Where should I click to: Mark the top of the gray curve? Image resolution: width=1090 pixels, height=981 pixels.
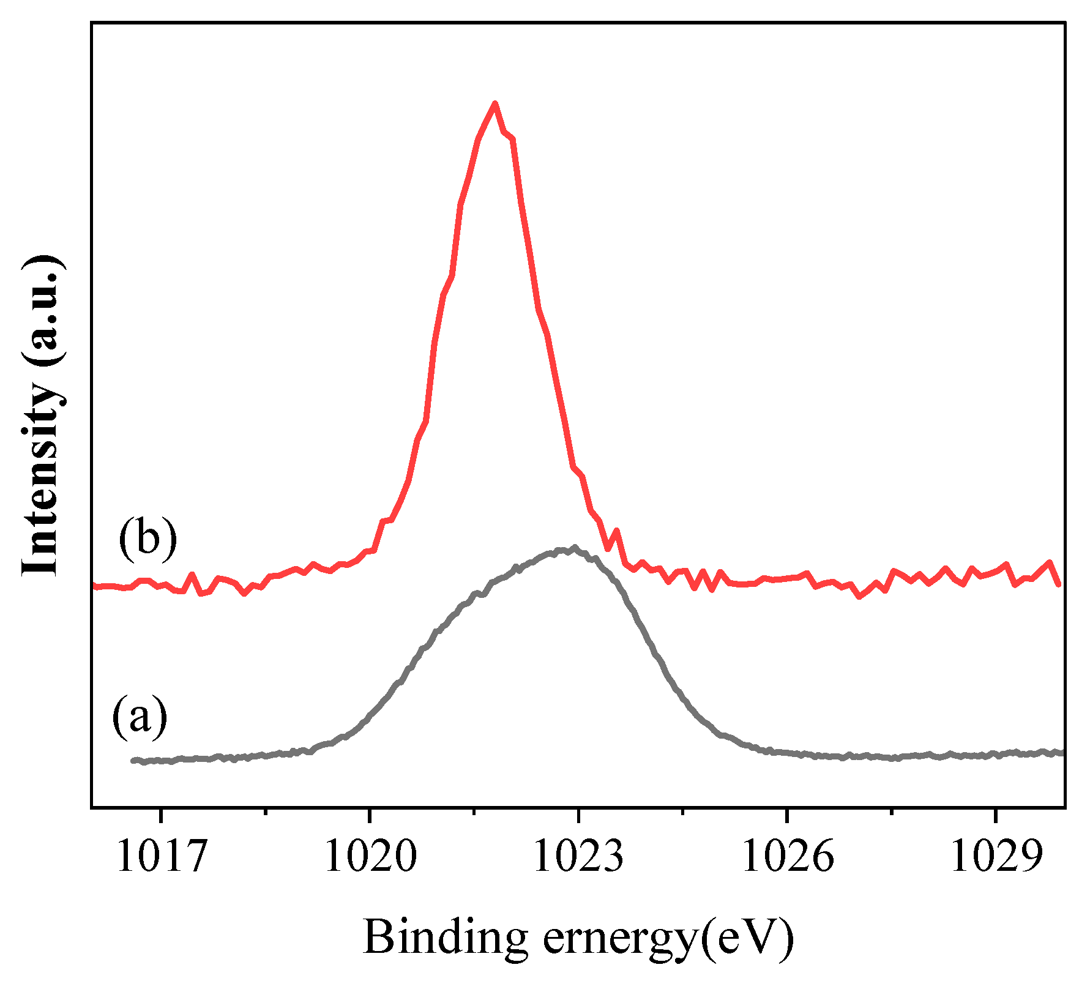point(574,547)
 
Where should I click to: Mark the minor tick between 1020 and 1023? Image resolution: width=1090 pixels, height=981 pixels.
point(474,812)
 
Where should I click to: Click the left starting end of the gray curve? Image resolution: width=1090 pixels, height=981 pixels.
point(133,761)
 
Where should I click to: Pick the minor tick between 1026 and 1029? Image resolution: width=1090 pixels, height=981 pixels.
point(892,812)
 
